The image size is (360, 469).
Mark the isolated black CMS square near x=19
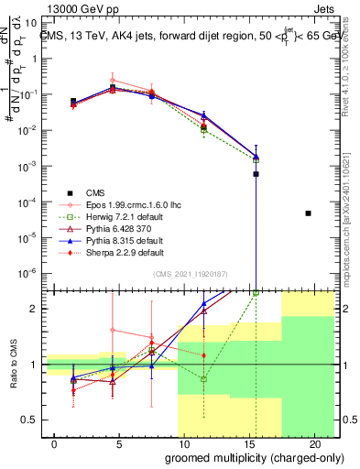pos(308,213)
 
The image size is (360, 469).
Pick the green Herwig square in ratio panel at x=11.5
pos(203,378)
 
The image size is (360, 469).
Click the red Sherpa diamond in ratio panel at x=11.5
pos(203,355)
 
